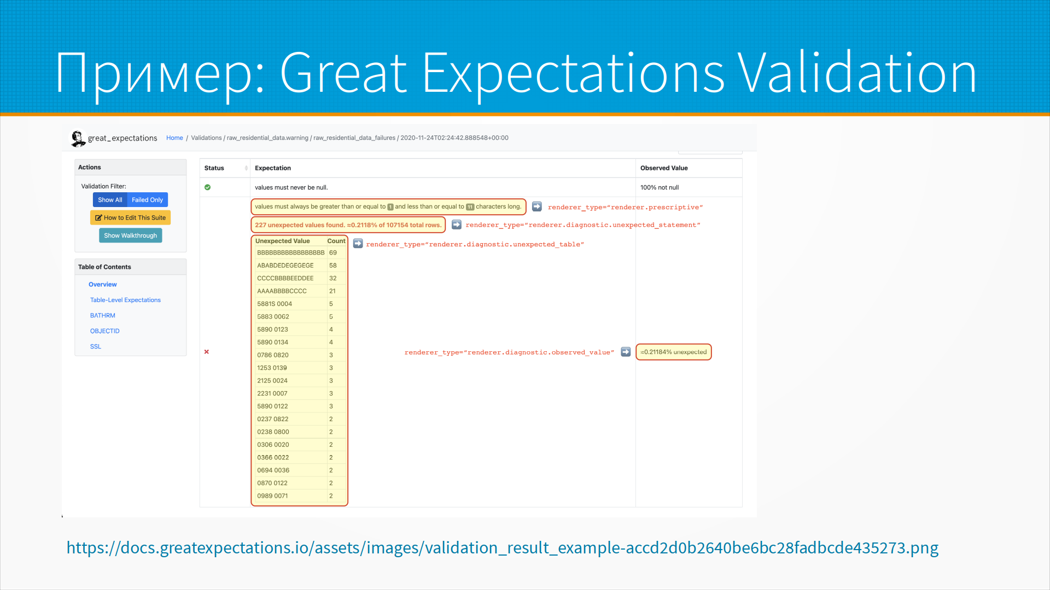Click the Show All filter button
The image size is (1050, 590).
pos(110,200)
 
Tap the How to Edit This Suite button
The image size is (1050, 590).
pos(131,217)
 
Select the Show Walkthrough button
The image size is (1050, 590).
pos(130,235)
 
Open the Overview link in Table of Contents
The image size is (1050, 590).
pos(103,285)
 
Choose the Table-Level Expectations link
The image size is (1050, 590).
pos(125,300)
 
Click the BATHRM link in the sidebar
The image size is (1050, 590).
pos(103,316)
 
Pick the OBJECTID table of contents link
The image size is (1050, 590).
pos(105,331)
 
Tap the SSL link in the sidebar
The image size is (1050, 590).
pos(96,346)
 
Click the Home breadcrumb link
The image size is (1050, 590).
pos(174,138)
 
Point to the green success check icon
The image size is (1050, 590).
pos(208,187)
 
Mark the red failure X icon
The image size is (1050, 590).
pos(207,352)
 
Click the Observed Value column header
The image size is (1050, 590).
pos(664,168)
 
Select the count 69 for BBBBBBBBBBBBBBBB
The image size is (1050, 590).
pos(333,253)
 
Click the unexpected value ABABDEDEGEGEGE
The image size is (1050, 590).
pos(285,265)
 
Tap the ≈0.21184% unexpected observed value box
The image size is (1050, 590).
pos(674,352)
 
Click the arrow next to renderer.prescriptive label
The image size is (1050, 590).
pos(537,206)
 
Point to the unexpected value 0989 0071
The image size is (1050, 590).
pos(272,496)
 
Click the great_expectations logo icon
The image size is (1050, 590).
pos(78,138)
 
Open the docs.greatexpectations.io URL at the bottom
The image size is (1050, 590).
pos(503,547)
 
